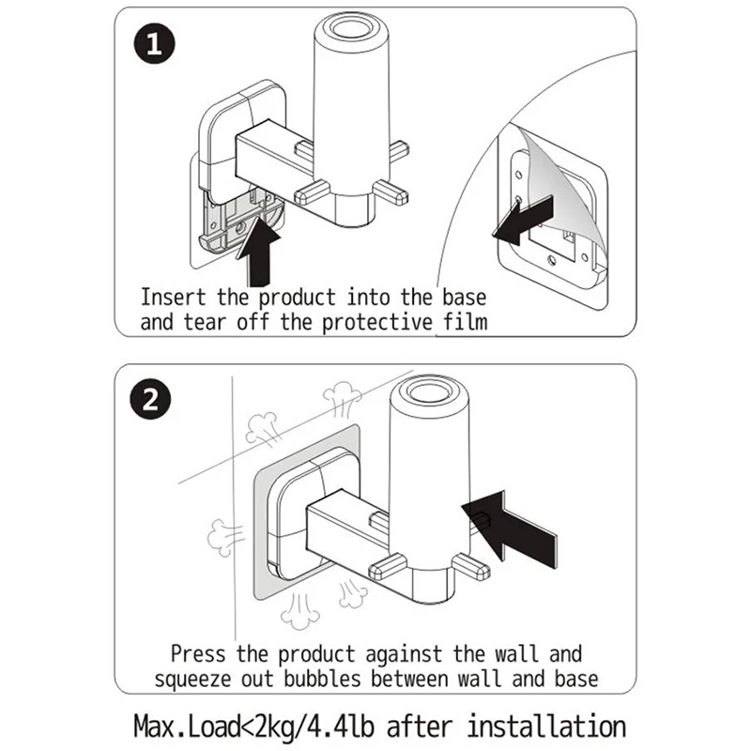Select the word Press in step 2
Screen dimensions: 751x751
tap(199, 652)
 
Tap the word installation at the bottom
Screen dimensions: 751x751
tap(546, 726)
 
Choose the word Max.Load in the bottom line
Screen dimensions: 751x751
tap(184, 726)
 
